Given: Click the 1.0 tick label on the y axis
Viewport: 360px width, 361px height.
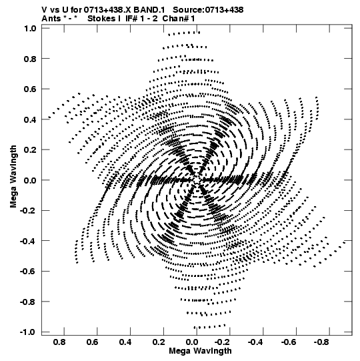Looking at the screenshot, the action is [30, 28].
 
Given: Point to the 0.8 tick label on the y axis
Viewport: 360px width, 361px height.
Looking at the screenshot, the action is [30, 59].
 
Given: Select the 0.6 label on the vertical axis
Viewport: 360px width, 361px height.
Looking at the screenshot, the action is [30, 89].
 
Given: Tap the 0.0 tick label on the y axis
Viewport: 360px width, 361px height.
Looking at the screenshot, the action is [30, 180].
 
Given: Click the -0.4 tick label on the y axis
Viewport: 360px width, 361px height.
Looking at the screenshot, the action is [28, 241].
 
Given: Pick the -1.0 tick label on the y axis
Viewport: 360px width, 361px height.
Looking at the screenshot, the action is [28, 332].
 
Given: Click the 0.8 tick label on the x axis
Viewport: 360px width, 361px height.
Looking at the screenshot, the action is [59, 342].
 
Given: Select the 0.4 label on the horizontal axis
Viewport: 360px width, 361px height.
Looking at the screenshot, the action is [125, 342].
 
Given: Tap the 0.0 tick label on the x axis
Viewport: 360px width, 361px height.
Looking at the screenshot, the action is [191, 342].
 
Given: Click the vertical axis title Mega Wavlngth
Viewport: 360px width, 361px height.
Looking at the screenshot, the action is [13, 177].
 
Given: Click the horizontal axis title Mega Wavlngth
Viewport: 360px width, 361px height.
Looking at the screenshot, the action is [200, 351].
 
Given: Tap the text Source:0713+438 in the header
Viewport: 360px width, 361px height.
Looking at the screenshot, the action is [208, 10].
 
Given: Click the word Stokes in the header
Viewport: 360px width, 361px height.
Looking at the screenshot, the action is [101, 19].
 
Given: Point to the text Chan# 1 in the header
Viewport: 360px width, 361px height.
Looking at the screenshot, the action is [179, 19].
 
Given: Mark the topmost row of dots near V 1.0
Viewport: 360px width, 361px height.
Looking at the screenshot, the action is [184, 33].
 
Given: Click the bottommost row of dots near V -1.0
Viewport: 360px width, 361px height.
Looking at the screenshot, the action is [209, 326].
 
